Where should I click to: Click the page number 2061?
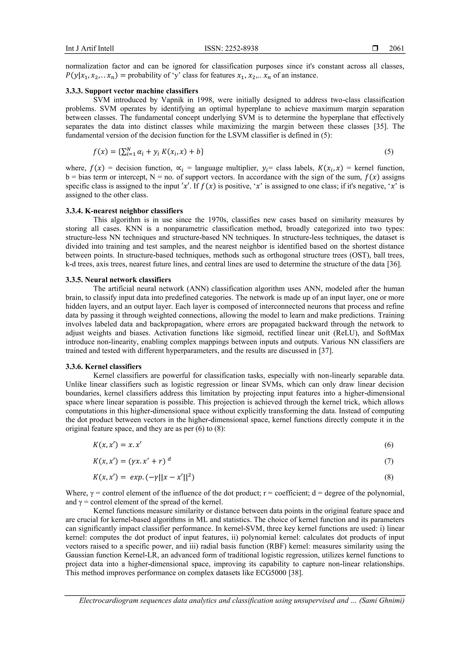pos(396,49)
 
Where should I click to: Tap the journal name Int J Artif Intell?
pos(90,49)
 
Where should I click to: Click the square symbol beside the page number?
pos(375,49)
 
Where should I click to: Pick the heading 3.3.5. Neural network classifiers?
pos(118,280)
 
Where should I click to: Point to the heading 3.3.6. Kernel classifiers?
pos(104,367)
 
